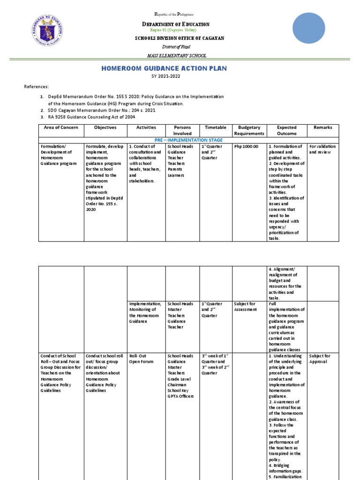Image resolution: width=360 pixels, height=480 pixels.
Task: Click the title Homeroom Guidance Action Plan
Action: click(164, 68)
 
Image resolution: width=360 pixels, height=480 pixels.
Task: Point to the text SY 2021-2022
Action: click(164, 76)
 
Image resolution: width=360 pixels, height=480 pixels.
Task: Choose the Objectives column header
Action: click(105, 127)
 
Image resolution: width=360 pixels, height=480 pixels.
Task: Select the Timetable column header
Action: click(216, 127)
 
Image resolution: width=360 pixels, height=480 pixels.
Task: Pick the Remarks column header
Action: click(323, 127)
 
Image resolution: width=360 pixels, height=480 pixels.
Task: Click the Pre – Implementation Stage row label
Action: click(188, 140)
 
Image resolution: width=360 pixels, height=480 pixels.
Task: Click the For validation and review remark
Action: click(322, 150)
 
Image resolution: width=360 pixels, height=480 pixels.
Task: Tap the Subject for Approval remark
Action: click(320, 359)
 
